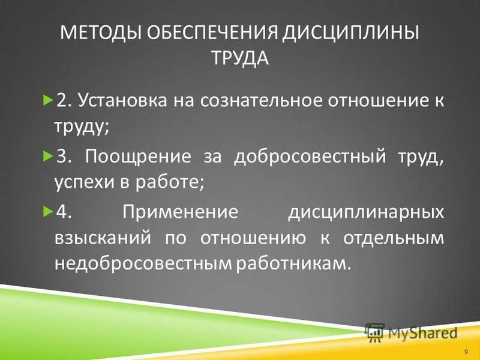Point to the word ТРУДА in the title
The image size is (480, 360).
pyautogui.click(x=240, y=58)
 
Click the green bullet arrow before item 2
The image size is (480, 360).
pyautogui.click(x=49, y=100)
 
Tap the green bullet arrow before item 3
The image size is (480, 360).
pyautogui.click(x=49, y=156)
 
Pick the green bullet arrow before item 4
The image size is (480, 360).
pyautogui.click(x=49, y=212)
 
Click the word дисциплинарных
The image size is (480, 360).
pyautogui.click(x=366, y=212)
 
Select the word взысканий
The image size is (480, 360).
pyautogui.click(x=100, y=238)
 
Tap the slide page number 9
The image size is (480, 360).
pyautogui.click(x=466, y=350)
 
